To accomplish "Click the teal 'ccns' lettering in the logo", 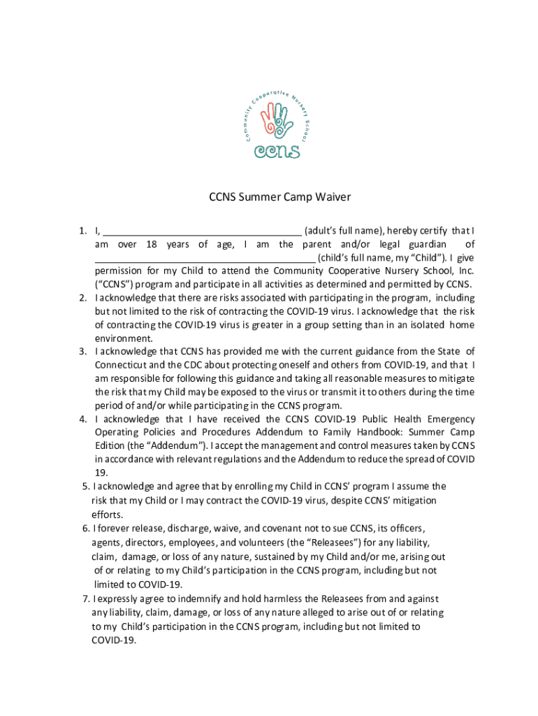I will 277,150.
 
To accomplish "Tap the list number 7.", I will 86,599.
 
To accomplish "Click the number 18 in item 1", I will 152,245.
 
